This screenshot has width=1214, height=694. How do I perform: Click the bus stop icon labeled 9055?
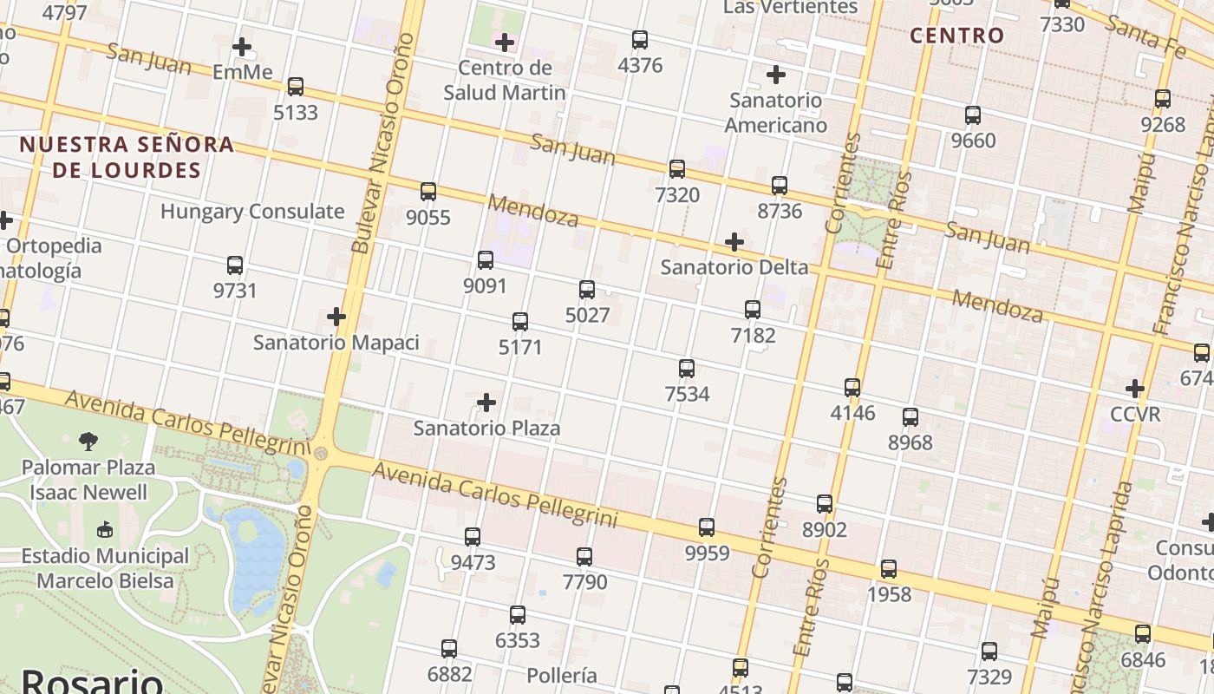(x=428, y=192)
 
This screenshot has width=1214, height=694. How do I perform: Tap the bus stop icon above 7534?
(x=687, y=369)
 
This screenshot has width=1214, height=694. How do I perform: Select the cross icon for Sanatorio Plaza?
(x=486, y=403)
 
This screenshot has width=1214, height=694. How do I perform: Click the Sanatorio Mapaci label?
(x=336, y=343)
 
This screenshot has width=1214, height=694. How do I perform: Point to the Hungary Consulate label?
(x=252, y=212)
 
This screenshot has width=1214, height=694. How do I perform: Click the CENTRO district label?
(x=957, y=36)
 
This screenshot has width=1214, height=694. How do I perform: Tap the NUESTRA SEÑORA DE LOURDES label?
(x=127, y=157)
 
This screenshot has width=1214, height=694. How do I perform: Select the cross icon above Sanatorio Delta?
(x=734, y=241)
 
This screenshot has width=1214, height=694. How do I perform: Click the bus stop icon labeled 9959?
(x=707, y=527)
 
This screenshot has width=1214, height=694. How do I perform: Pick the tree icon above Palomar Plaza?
(x=88, y=442)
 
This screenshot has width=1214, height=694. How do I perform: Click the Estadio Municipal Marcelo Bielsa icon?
(x=105, y=529)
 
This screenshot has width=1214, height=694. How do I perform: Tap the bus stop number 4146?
(x=852, y=413)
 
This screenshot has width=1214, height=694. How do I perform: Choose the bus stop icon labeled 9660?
(x=973, y=115)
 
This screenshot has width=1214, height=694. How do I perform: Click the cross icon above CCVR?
(x=1134, y=388)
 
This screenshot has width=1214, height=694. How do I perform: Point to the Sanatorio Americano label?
(x=775, y=113)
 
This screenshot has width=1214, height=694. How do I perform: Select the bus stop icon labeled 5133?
(x=296, y=87)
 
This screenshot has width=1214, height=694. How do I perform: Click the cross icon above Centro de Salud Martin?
(x=504, y=42)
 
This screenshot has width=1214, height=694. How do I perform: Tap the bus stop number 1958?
(x=889, y=595)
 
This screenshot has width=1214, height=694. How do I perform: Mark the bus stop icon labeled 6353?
(x=518, y=615)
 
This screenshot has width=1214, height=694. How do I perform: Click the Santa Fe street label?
(x=1145, y=37)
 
